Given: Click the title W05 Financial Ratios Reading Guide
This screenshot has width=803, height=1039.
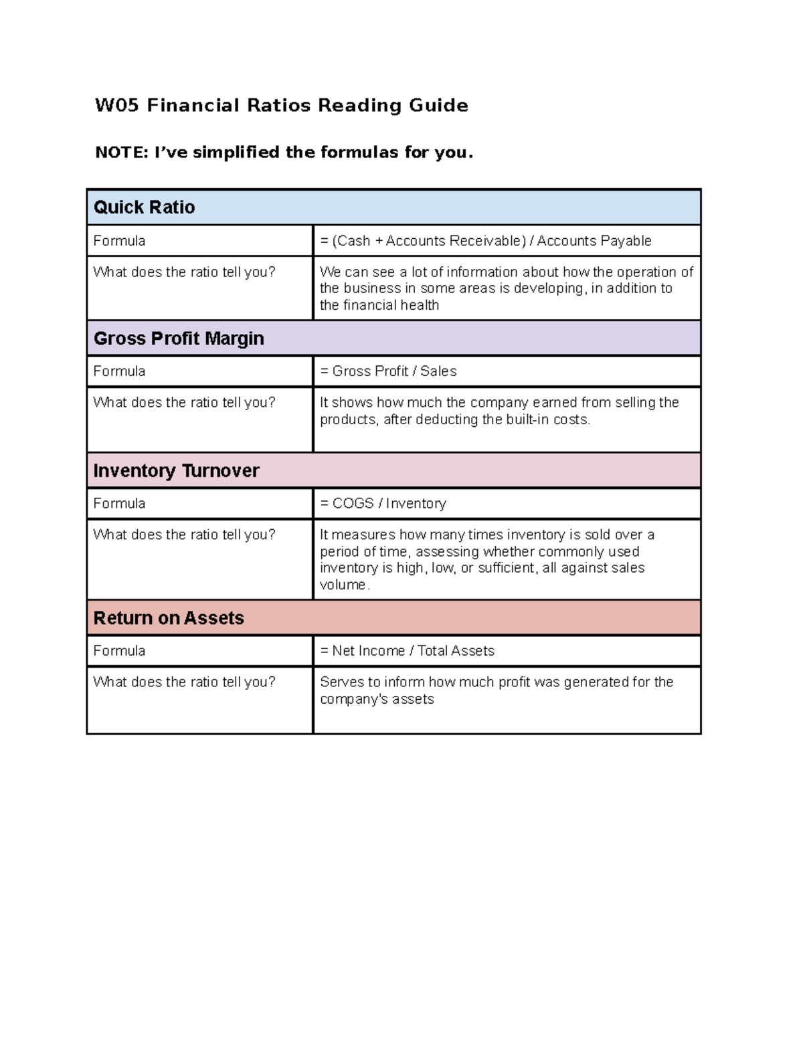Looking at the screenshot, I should pos(281,106).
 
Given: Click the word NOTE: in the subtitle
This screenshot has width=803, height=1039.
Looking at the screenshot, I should pos(121,153).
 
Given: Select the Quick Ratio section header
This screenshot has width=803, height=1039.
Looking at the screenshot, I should pos(144,207).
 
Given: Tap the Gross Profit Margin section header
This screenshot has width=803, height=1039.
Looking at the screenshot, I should pos(179,339).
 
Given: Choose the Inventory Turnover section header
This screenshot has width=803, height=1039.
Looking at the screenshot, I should pos(176,471).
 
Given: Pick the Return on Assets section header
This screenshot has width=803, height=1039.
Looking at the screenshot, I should pos(169,618).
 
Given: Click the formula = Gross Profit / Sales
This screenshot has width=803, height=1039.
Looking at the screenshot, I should pos(388,371).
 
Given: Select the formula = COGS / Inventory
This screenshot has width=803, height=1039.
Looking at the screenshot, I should pos(383,504).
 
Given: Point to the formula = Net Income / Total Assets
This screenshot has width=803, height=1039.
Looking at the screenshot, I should pos(407,651).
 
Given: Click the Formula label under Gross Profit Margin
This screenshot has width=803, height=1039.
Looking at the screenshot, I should pos(119,371).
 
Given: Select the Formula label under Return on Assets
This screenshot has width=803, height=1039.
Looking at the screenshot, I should pos(119,651).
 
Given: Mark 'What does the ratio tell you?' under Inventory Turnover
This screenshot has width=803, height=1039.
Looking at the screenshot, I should pos(184,535).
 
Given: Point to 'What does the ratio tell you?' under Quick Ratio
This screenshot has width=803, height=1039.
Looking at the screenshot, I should pos(184,272).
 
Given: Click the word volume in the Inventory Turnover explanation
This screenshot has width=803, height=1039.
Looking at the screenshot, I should pos(343,585).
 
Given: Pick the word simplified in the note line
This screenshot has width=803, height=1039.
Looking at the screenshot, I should pos(236,153).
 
